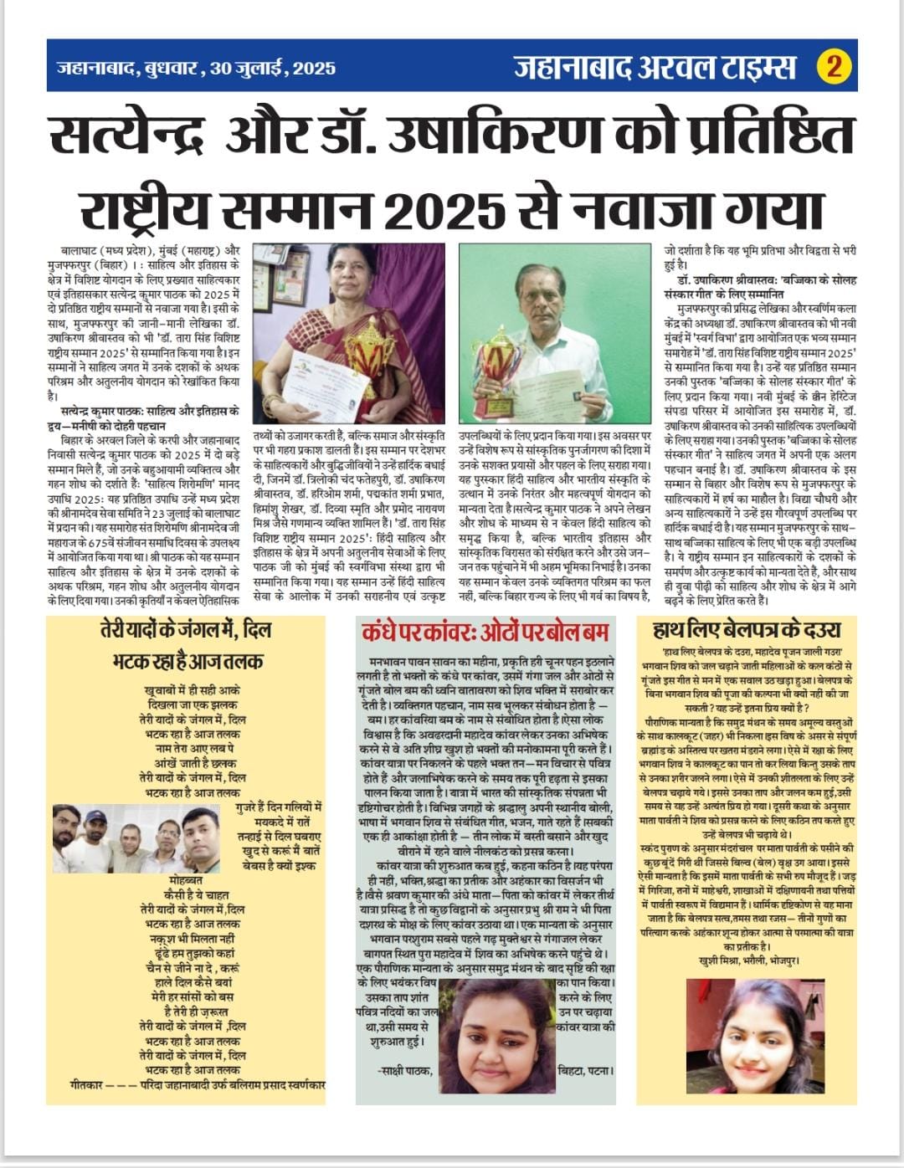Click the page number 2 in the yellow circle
[834, 66]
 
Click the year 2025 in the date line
[313, 68]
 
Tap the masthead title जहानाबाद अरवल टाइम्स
[655, 66]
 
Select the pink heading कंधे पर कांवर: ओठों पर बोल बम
[485, 631]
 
